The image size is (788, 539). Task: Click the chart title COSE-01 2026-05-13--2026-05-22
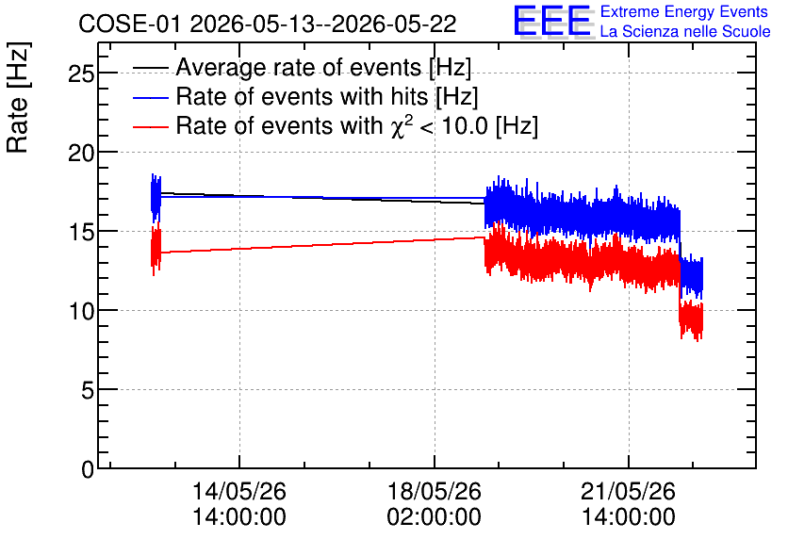point(268,24)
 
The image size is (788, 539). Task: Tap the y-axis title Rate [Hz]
point(18,97)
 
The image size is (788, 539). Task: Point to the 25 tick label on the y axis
point(81,73)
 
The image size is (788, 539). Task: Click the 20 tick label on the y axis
point(81,153)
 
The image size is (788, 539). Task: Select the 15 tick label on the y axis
point(81,232)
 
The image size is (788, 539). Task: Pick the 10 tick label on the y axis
point(81,312)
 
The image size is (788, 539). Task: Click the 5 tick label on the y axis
point(88,390)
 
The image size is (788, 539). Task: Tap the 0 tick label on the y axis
point(88,469)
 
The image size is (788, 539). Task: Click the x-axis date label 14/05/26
point(239,491)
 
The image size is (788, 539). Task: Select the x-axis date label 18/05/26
point(435,491)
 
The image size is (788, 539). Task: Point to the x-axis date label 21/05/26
point(628,491)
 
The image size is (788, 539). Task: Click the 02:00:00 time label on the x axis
point(435,516)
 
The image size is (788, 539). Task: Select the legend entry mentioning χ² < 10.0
point(357,125)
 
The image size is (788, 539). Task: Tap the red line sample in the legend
point(150,126)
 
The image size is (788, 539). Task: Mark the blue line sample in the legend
point(150,97)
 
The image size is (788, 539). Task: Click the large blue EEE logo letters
point(551,21)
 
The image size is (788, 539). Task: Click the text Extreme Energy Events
point(684,11)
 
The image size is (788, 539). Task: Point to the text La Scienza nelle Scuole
point(685,31)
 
